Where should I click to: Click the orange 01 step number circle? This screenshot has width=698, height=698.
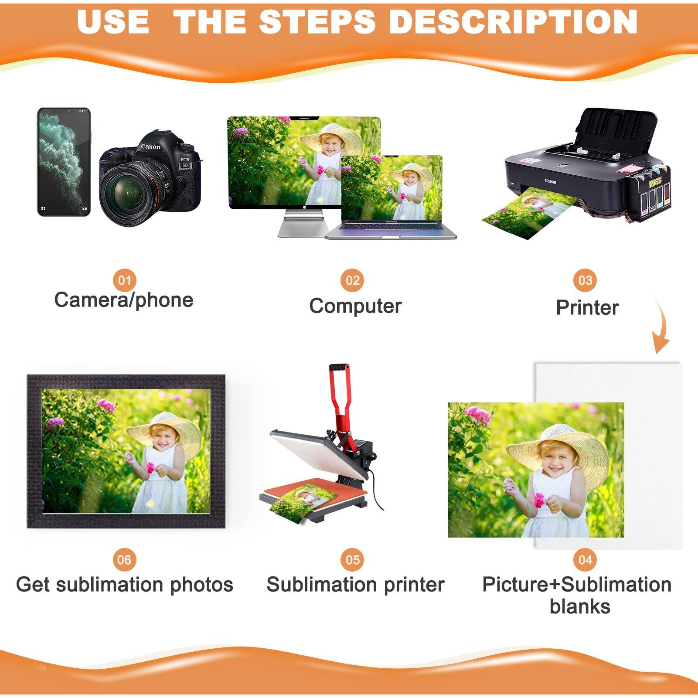point(124,280)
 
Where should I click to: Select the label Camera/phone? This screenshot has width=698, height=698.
point(124,300)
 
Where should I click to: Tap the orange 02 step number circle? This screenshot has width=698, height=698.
point(352,280)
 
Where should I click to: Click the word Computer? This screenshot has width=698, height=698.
point(355,306)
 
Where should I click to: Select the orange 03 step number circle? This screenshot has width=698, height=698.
point(585,280)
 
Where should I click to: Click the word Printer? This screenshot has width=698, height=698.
point(587,308)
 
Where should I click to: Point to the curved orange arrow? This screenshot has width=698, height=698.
point(661,327)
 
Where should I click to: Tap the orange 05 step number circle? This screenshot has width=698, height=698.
point(352,560)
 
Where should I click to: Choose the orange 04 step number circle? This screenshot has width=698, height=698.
point(585,560)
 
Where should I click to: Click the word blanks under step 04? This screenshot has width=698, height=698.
point(580,607)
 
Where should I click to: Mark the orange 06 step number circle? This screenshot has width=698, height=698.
point(124,560)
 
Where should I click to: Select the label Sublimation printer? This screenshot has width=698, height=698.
point(355,585)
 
